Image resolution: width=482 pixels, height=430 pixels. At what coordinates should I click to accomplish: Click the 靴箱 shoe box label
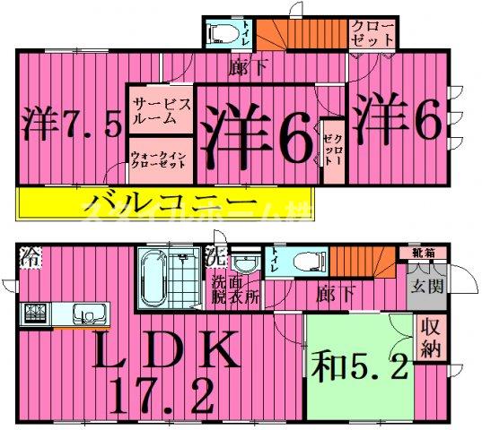click(424, 254)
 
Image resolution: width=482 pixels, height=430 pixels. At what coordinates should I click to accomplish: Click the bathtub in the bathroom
click(153, 278)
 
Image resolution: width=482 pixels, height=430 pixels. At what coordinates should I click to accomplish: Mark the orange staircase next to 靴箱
click(367, 265)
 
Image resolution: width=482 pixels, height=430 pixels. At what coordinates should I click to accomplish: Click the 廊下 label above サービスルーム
click(237, 66)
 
